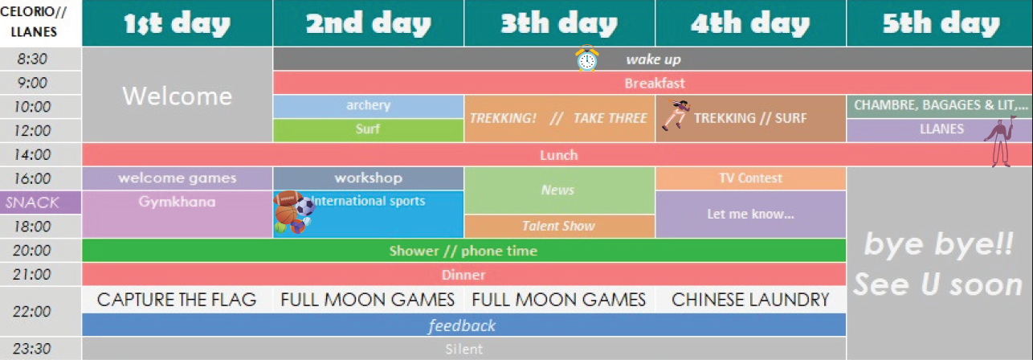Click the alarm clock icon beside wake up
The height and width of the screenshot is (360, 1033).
tap(587, 59)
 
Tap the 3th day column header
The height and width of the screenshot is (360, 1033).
tap(559, 23)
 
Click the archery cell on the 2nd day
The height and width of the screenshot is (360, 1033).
tap(368, 106)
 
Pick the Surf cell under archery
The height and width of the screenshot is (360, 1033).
tap(368, 130)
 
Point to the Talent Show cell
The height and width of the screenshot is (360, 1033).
tap(559, 226)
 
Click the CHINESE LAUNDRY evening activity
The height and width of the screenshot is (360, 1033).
tap(750, 300)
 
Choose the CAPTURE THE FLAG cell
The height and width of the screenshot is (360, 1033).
tap(177, 300)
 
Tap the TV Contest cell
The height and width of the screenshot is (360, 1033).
tap(750, 178)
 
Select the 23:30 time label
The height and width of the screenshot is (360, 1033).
tap(32, 349)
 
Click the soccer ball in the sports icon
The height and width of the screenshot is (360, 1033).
tap(304, 206)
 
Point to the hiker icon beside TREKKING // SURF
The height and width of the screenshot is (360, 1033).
tap(676, 114)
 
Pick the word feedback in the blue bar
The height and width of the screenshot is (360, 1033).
tap(462, 325)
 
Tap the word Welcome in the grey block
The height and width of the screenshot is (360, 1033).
tap(177, 96)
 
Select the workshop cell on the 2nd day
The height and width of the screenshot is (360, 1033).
tap(368, 178)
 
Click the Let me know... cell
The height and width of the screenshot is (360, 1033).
tap(750, 215)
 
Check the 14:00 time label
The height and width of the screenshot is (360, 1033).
tap(32, 154)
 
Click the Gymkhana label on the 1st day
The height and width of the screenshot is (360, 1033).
tap(177, 202)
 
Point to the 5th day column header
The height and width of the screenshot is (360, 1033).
tap(940, 23)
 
